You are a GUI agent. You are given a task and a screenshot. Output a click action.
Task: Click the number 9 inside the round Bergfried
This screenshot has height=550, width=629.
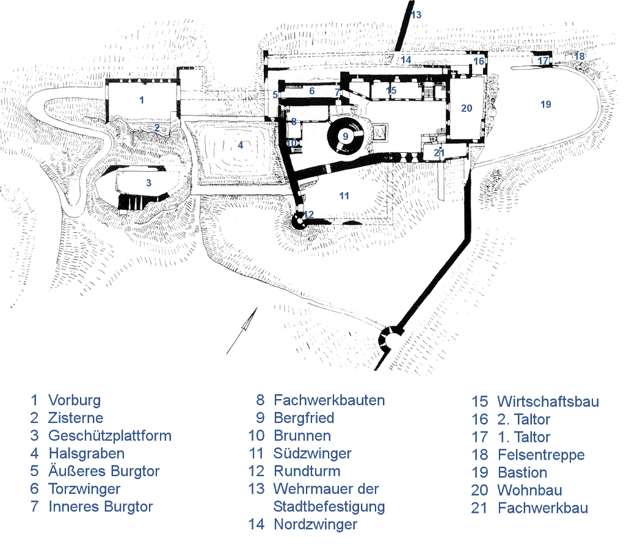[x=345, y=136]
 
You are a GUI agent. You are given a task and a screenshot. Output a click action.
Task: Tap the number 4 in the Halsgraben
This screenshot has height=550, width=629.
[x=241, y=145]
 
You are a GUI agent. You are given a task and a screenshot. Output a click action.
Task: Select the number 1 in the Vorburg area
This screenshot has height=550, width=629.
[x=142, y=100]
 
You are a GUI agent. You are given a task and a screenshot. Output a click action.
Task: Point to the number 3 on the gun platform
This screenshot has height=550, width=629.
[x=148, y=182]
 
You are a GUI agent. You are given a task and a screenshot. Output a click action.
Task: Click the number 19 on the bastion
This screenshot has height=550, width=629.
[x=545, y=105]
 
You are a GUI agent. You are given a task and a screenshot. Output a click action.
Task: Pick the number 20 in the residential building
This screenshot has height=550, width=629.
[x=467, y=108]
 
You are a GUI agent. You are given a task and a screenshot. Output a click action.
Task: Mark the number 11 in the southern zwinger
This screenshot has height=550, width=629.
[x=344, y=196]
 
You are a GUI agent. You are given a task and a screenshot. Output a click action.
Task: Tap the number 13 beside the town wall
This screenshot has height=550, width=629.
[x=416, y=14]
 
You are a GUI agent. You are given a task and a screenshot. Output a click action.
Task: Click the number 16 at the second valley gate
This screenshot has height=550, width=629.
[x=479, y=62]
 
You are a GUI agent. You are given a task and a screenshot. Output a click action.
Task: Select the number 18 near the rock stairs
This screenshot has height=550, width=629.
[x=579, y=56]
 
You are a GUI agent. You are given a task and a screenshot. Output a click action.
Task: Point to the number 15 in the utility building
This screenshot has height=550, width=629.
[x=391, y=90]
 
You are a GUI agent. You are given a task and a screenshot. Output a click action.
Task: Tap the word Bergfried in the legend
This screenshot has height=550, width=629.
[x=304, y=418]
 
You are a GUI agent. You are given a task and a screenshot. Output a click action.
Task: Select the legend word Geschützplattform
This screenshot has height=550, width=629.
[x=110, y=436]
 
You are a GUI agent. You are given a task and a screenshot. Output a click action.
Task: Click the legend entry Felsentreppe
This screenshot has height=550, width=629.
[x=541, y=455]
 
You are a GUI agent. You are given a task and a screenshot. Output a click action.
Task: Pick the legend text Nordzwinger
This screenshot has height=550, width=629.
[x=315, y=524]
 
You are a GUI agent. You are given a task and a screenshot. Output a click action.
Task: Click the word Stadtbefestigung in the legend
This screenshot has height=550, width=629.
[x=329, y=507]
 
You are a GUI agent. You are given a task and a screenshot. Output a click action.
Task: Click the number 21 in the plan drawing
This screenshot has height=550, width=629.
[x=439, y=153]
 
